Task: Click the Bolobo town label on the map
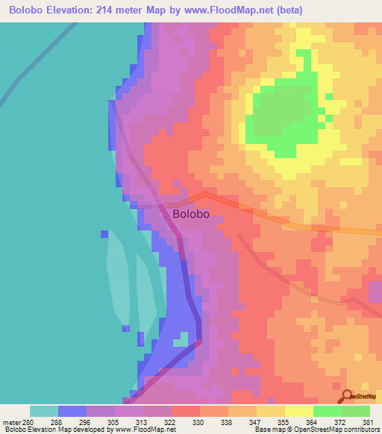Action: [190, 213]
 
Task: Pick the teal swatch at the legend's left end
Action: [44, 411]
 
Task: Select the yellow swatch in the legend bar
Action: [298, 411]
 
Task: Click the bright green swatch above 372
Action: [327, 411]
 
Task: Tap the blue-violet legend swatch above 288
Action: [72, 411]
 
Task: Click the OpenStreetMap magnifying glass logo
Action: [345, 397]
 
